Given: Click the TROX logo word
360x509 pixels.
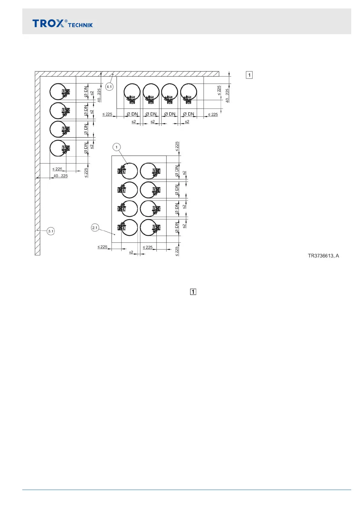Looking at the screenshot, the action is click(48, 24).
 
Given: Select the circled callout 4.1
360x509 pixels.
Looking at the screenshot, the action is click(109, 87).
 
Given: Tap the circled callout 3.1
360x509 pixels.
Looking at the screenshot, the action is click(51, 232).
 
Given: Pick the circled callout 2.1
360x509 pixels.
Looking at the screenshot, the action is click(95, 228).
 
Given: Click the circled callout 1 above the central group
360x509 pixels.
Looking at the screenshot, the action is click(116, 147).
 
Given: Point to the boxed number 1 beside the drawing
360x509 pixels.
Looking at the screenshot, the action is click(249, 75).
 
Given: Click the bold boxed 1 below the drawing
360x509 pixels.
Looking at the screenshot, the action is click(193, 292).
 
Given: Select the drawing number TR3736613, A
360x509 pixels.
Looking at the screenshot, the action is click(323, 256).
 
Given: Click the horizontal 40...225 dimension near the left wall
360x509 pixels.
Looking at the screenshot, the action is click(60, 176).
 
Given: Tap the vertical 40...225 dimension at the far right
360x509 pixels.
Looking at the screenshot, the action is click(227, 95).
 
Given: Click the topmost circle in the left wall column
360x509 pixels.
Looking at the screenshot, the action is click(58, 92).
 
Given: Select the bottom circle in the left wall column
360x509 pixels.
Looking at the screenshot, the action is click(58, 148).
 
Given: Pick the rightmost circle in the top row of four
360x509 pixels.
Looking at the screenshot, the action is click(189, 92).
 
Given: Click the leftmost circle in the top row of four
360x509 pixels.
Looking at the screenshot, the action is click(132, 92).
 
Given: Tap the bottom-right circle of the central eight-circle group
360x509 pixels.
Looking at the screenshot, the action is click(149, 227).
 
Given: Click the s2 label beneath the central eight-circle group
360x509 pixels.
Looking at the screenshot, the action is click(131, 252).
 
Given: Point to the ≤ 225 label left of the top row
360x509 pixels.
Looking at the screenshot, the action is click(107, 114).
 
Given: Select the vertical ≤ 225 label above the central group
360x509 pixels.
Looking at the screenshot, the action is click(177, 146).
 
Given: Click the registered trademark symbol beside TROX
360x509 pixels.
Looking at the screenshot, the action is click(66, 21).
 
